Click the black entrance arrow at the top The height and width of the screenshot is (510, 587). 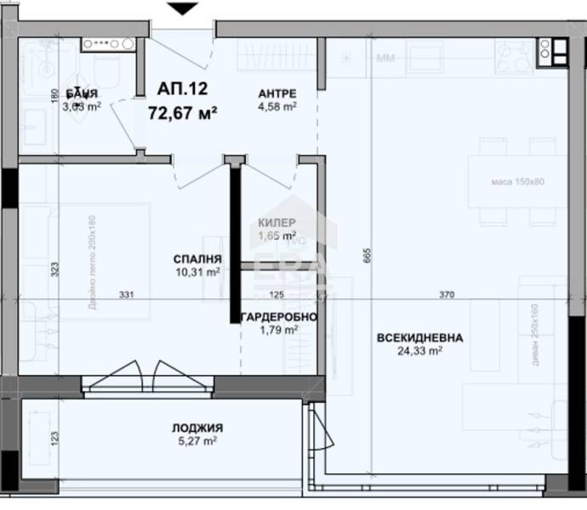(182, 9)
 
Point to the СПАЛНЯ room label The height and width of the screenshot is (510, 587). (197, 259)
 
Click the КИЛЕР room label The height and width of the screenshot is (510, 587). (277, 223)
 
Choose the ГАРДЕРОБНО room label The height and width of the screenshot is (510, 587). (279, 317)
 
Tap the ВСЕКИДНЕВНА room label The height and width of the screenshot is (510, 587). (420, 337)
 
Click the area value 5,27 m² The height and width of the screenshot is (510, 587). (197, 441)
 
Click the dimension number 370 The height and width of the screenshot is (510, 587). (447, 295)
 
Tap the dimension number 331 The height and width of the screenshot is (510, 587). (127, 295)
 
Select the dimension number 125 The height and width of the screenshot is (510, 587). (276, 295)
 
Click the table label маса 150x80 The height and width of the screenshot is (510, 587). (516, 182)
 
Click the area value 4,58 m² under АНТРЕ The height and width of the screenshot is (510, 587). (277, 106)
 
